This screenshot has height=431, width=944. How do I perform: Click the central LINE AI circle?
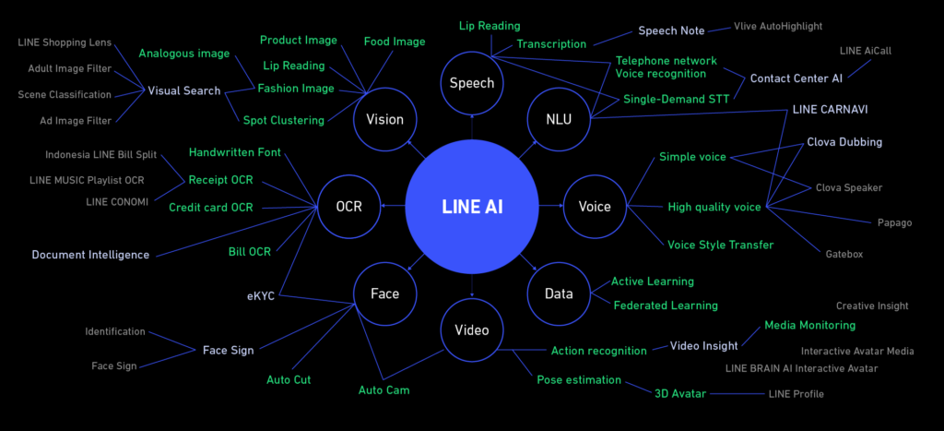point(472,207)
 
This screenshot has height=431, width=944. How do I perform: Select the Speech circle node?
point(472,83)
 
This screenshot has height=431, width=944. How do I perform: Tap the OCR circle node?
point(349,207)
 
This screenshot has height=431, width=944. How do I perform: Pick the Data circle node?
point(559,293)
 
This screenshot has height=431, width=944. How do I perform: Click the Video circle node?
point(472,329)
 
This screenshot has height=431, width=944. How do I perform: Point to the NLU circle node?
point(559,119)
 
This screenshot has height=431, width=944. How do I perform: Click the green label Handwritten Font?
point(235,152)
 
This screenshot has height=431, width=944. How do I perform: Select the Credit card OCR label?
point(211,208)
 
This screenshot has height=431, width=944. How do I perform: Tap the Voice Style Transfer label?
point(721,245)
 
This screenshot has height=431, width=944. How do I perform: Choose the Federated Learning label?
point(666,305)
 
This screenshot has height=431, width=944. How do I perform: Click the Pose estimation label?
point(579,379)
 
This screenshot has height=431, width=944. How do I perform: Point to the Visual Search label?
point(184,91)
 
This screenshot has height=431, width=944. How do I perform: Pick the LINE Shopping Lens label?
point(65,42)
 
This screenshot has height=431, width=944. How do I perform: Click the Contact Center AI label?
point(796,78)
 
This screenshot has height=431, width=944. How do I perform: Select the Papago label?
point(894,223)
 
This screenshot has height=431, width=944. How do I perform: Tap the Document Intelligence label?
point(90,255)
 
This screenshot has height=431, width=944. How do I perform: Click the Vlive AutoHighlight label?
point(778,27)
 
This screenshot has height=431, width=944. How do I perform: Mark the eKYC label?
point(261,296)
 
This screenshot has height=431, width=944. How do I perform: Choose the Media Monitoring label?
point(809,326)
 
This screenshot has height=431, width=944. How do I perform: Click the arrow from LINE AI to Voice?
point(551,206)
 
